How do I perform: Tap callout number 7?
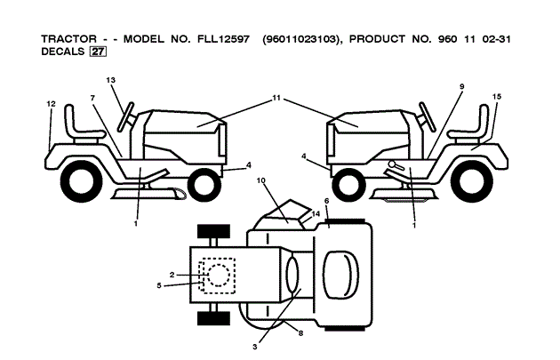point(92,97)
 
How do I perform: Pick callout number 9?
point(461,85)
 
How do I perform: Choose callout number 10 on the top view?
point(261,180)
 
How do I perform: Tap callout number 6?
point(326,202)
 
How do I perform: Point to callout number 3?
point(255,346)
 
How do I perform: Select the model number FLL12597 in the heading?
point(220,39)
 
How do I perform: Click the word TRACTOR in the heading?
point(70,39)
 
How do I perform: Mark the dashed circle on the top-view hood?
point(216,276)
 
